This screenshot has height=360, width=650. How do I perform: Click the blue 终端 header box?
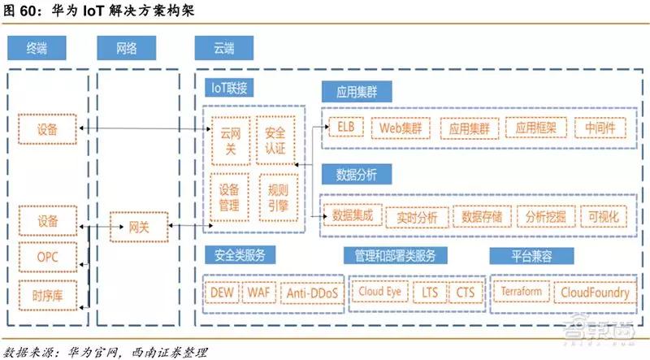[x=37, y=48]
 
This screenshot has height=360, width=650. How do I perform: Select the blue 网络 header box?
[x=127, y=48]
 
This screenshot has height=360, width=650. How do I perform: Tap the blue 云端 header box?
[x=224, y=48]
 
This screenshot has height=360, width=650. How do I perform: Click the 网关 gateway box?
[x=139, y=227]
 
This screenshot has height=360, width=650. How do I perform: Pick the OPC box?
[x=48, y=257]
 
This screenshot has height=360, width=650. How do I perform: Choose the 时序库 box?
[x=48, y=295]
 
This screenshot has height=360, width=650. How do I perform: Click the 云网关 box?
[x=231, y=141]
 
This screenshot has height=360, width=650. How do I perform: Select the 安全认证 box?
[x=275, y=141]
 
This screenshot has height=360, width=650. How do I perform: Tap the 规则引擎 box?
[x=279, y=197]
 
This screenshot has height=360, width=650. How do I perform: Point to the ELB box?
[x=346, y=127]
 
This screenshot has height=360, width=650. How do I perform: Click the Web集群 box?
[x=401, y=128]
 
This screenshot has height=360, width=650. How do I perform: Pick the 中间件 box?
[x=600, y=128]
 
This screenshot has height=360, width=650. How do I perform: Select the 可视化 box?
[x=603, y=216]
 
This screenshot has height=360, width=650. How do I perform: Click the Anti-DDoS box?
[x=312, y=293]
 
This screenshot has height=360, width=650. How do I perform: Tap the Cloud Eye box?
[x=380, y=292]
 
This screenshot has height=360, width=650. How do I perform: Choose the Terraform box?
[x=522, y=292]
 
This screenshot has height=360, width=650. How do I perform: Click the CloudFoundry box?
[x=595, y=293]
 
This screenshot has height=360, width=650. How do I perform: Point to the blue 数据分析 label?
[x=357, y=174]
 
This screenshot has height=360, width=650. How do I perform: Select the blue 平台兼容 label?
[x=531, y=255]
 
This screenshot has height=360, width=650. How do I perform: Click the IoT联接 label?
[x=229, y=88]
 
